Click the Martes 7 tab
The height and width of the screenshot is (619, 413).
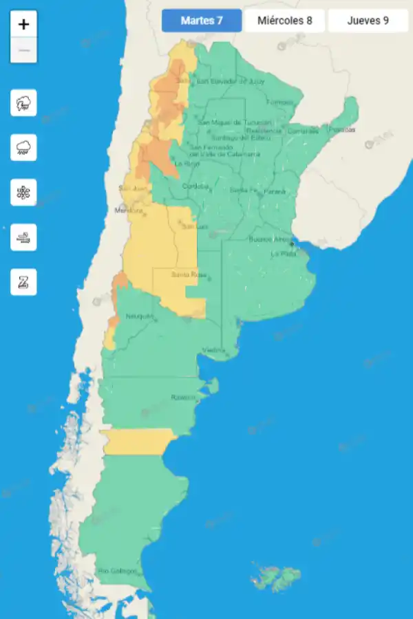click(202, 21)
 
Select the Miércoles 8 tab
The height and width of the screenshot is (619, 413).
click(285, 21)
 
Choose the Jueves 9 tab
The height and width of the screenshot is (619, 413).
click(368, 21)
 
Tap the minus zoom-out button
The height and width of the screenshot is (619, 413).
click(24, 50)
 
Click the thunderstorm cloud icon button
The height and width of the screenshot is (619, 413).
click(23, 103)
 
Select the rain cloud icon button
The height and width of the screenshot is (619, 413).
click(23, 147)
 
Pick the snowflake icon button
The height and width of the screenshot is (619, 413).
click(23, 192)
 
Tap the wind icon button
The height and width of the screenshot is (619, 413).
click(23, 237)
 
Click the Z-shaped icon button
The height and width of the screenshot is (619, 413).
click(23, 281)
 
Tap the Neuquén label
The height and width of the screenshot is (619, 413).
click(138, 316)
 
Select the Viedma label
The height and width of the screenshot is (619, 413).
click(213, 350)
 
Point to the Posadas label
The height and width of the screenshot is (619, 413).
click(342, 129)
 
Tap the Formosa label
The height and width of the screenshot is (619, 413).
click(279, 102)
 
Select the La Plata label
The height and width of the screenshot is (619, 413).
click(283, 254)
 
